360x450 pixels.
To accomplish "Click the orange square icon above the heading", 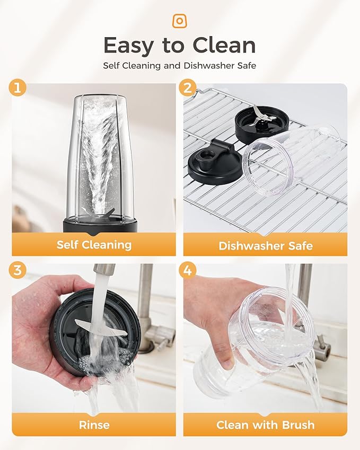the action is (180, 21).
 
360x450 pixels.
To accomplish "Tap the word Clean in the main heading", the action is (224, 46).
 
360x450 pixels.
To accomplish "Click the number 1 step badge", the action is (17, 87).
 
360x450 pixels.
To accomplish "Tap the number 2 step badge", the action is (188, 87).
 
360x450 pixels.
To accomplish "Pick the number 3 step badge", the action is (17, 270).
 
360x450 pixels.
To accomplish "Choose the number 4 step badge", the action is (188, 270).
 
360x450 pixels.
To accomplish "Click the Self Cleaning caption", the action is (94, 245).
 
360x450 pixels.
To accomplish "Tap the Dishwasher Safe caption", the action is (266, 245).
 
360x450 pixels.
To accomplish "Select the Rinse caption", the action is (94, 425).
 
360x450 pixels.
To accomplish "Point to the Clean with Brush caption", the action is (266, 425).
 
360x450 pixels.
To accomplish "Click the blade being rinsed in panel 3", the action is (101, 328).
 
